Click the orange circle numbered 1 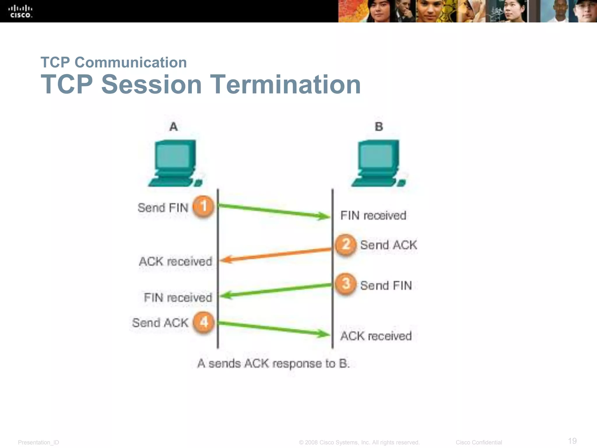pos(204,206)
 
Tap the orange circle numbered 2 pos(345,244)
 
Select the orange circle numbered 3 pos(345,283)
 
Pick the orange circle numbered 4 pos(204,322)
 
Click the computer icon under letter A pos(175,163)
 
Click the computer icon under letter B pos(378,163)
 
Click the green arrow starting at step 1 pos(274,211)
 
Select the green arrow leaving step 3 pos(275,290)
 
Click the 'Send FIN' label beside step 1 pos(163,208)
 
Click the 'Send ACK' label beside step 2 pos(388,245)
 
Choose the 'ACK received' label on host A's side pos(175,261)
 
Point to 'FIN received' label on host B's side pos(373,216)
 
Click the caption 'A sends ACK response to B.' pos(273,364)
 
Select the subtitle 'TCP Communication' pos(114,62)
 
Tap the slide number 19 pos(572,441)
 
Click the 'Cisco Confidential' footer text pos(479,442)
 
